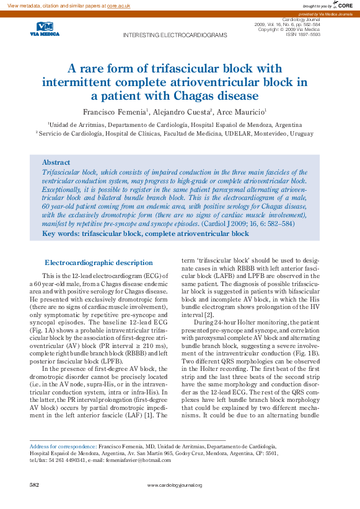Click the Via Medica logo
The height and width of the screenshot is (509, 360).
(x=45, y=29)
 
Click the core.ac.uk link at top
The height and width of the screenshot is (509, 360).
(x=118, y=5)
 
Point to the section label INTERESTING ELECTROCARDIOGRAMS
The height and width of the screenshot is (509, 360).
(x=175, y=35)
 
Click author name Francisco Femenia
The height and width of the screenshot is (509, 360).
(x=115, y=111)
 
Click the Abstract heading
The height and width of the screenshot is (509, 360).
(x=56, y=162)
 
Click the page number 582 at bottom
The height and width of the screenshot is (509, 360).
(x=35, y=484)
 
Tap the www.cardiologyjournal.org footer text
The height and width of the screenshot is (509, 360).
(x=180, y=484)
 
